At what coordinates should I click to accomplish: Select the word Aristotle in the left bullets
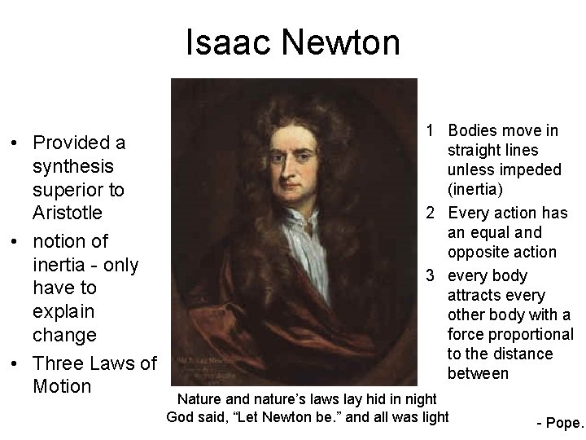click(68, 213)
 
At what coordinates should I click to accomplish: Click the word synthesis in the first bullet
click(72, 166)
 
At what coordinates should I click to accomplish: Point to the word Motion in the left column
click(61, 385)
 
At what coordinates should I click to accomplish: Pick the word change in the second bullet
click(64, 334)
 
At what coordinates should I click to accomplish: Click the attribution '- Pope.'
click(560, 423)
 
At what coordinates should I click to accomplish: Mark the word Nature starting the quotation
click(201, 398)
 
